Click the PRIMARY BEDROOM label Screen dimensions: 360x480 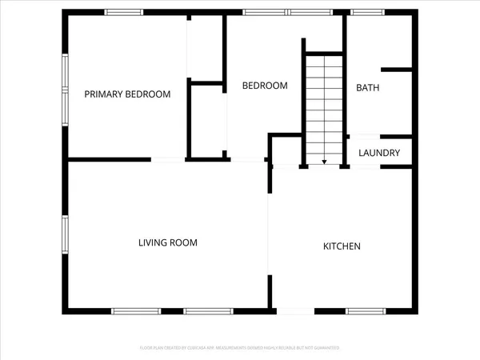coord(128,94)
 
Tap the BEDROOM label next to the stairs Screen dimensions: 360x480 coord(265,86)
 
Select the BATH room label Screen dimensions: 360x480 coord(368,88)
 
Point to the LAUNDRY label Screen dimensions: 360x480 coord(379,153)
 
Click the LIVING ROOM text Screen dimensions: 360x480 coord(167,242)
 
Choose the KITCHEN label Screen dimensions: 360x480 coord(342,246)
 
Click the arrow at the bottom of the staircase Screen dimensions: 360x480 coord(324,162)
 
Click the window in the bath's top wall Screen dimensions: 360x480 coord(367,12)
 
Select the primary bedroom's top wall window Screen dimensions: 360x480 coord(124,12)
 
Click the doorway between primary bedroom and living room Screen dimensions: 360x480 coord(169,160)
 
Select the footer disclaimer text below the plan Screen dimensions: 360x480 coord(240,348)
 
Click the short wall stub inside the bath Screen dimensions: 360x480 coord(397,70)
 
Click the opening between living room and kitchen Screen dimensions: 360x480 coord(268,240)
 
